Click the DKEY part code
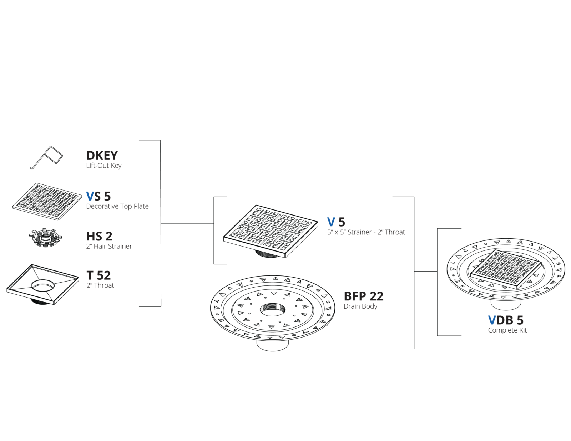tap(102, 156)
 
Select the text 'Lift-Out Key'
tap(104, 166)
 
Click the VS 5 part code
tap(98, 196)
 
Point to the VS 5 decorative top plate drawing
tap(47, 202)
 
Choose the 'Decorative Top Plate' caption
tap(117, 207)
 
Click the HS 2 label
tap(99, 236)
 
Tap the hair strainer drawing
tap(45, 238)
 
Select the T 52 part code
tap(98, 275)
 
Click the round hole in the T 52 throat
tap(43, 285)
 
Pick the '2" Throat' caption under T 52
tap(100, 285)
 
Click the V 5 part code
tap(336, 222)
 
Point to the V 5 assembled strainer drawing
tap(271, 232)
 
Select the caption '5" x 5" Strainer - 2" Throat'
tap(366, 232)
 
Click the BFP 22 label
tap(364, 296)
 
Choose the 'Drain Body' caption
tap(360, 306)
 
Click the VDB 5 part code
tap(506, 320)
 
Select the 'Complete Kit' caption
tap(507, 330)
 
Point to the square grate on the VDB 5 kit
tap(506, 269)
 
